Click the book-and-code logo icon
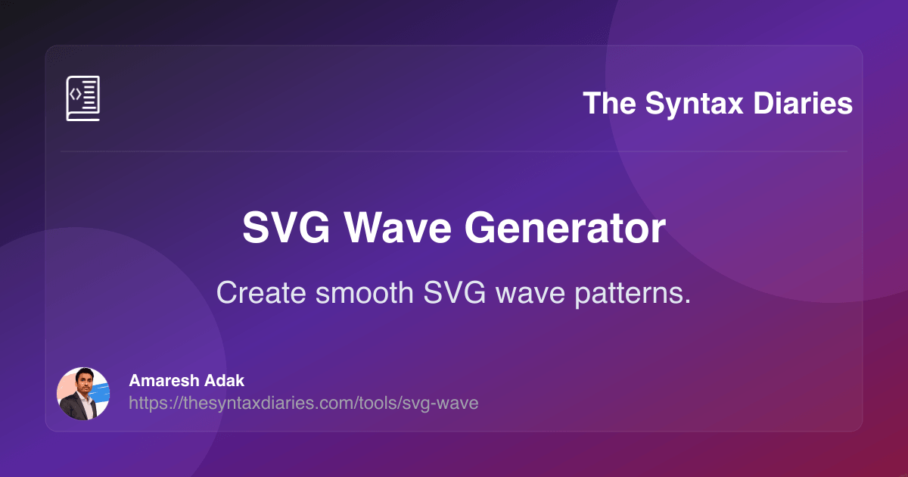(x=82, y=98)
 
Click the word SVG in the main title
(x=281, y=228)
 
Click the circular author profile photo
(x=83, y=394)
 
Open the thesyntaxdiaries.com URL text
(x=303, y=403)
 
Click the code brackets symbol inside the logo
(x=75, y=94)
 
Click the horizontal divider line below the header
(x=454, y=151)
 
